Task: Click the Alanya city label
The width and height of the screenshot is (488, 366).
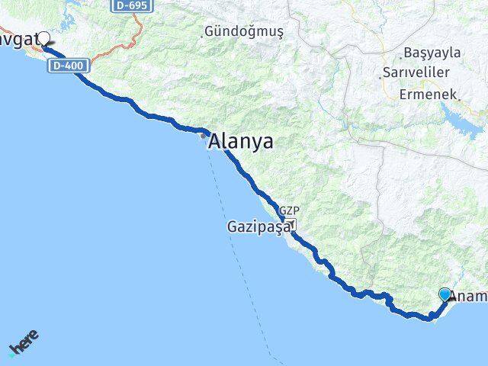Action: coord(241,142)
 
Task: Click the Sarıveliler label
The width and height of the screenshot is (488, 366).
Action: coord(419,72)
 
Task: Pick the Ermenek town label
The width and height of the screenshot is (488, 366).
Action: coord(429,95)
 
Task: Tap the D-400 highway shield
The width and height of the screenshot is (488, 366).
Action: coord(69,66)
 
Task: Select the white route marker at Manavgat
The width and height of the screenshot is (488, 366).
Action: coord(43,38)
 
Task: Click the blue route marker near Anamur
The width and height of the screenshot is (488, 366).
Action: coord(445,294)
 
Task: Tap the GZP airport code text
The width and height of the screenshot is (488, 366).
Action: coord(288,211)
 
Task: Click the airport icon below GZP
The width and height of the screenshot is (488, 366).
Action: coord(290,224)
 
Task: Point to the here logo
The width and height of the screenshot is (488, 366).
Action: coord(24,342)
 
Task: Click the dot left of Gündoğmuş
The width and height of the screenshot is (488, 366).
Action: coord(204,34)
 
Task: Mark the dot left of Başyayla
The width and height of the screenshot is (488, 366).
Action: coord(401,56)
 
